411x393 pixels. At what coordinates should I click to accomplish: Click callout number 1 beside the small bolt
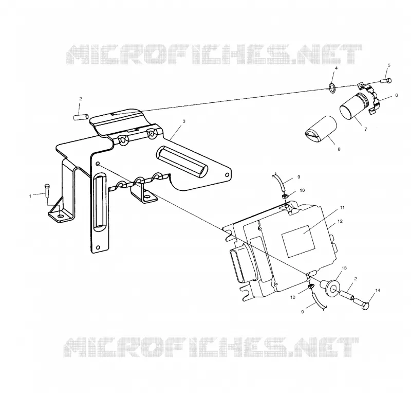30,196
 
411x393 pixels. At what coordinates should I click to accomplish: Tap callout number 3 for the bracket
184,121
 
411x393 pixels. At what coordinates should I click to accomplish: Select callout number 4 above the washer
337,68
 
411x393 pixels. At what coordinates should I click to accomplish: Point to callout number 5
389,65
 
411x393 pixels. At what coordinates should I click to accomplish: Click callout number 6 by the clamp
396,95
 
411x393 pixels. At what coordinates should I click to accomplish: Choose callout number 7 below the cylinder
365,129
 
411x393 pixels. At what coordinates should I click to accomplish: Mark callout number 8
339,149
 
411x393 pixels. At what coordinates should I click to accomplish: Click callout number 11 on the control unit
342,207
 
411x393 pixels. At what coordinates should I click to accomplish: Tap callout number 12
340,221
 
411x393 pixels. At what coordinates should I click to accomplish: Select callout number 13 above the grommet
344,268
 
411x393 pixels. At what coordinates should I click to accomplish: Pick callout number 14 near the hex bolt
378,290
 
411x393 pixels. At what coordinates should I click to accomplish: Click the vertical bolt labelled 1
47,191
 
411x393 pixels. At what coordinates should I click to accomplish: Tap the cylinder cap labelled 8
321,129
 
